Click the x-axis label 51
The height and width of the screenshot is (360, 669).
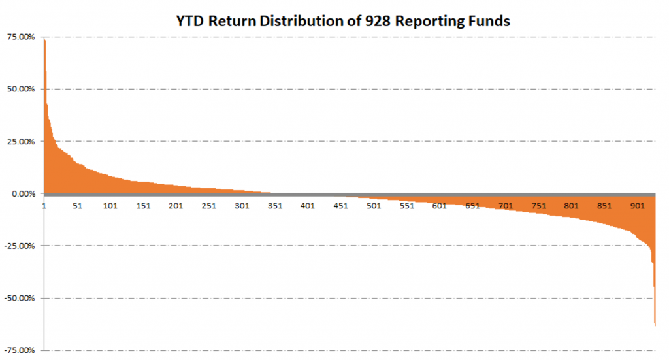(x=77, y=206)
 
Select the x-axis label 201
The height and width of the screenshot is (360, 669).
(x=175, y=206)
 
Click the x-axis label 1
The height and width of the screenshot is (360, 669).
(x=44, y=206)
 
